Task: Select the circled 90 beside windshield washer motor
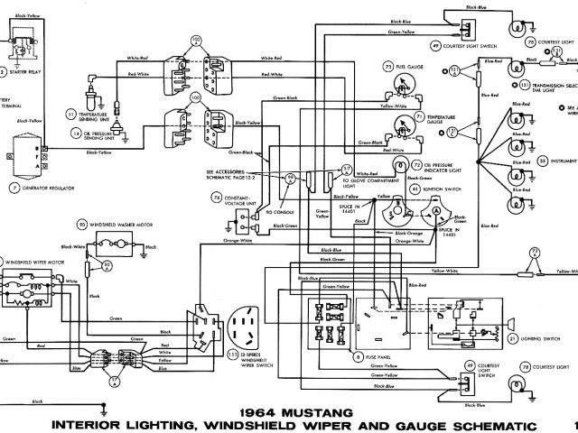click(x=81, y=225)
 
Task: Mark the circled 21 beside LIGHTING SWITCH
click(x=511, y=338)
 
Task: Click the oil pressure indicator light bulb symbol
click(x=399, y=168)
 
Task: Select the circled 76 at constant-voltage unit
click(x=217, y=198)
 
